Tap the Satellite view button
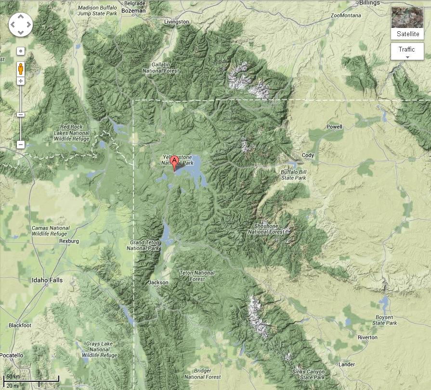click(407, 23)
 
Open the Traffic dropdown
click(407, 52)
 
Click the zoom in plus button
click(21, 81)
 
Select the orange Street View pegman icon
click(21, 69)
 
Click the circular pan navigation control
click(21, 24)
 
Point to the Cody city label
click(308, 155)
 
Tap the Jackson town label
click(159, 282)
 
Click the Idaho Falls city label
click(47, 280)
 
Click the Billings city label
click(370, 2)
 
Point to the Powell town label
click(334, 127)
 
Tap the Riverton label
click(367, 337)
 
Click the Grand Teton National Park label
click(143, 245)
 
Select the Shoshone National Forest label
click(266, 229)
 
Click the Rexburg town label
click(69, 241)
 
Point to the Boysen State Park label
click(385, 320)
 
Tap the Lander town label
click(347, 364)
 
